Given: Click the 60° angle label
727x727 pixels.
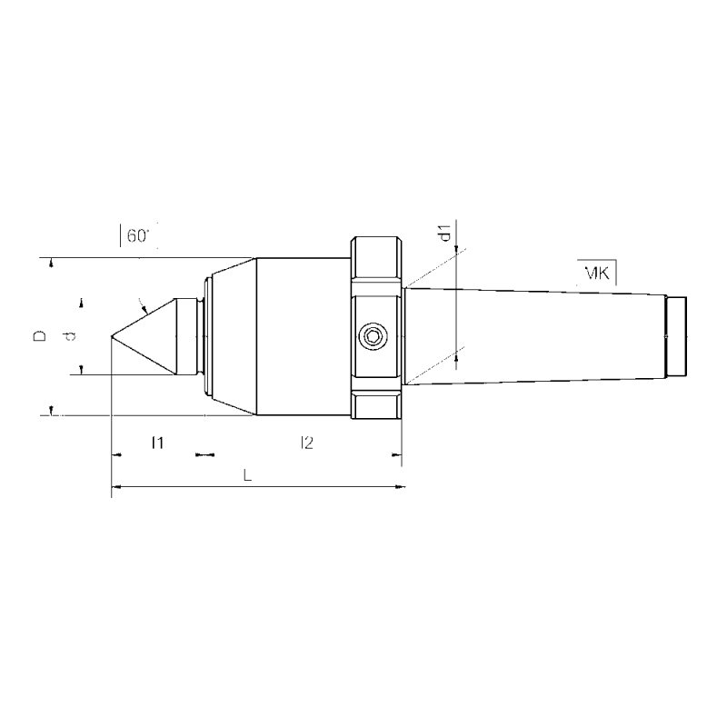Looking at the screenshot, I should pyautogui.click(x=137, y=236).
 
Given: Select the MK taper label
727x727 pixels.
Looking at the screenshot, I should pyautogui.click(x=597, y=272).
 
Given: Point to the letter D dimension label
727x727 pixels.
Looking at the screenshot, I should pyautogui.click(x=39, y=336).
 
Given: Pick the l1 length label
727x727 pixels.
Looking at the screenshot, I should pyautogui.click(x=156, y=443).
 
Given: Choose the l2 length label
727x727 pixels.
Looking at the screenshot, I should pyautogui.click(x=306, y=443).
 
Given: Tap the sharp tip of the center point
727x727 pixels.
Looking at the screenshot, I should pyautogui.click(x=112, y=337).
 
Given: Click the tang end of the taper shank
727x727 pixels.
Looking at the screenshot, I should pyautogui.click(x=677, y=337).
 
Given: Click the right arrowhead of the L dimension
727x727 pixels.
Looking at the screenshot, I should pyautogui.click(x=401, y=490).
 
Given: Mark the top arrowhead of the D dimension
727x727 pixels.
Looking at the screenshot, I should pyautogui.click(x=52, y=263).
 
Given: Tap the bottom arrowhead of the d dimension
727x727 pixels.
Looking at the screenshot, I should pyautogui.click(x=82, y=367).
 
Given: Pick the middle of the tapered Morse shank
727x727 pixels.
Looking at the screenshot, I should pyautogui.click(x=536, y=337).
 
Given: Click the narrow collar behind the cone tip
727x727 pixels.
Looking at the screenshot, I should pyautogui.click(x=187, y=337).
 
